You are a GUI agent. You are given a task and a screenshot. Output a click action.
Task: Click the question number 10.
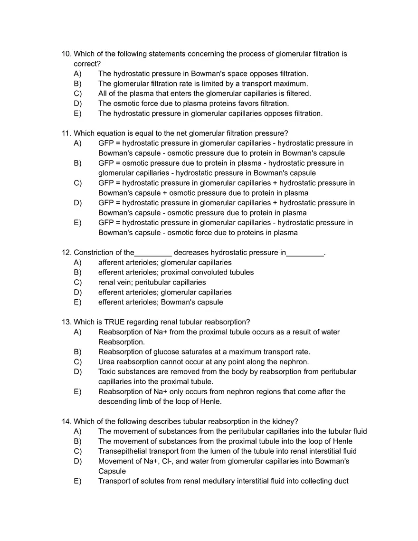click(x=66, y=54)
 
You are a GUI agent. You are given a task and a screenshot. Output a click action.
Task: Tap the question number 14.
click(x=66, y=421)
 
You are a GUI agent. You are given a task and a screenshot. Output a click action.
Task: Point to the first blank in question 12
click(x=153, y=253)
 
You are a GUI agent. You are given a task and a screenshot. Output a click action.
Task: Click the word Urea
click(x=107, y=362)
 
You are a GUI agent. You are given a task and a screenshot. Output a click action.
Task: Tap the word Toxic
click(x=107, y=372)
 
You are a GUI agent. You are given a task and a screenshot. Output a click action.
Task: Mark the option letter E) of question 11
click(x=77, y=223)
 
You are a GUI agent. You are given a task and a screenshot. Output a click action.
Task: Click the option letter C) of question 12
click(x=77, y=283)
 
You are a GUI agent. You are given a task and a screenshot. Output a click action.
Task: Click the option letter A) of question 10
click(x=77, y=74)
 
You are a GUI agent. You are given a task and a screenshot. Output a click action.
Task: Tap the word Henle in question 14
click(x=342, y=441)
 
